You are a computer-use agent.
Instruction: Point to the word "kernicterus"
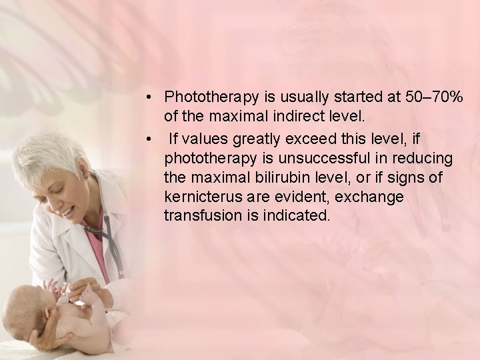(199, 197)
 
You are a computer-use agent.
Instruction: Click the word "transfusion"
(197, 217)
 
